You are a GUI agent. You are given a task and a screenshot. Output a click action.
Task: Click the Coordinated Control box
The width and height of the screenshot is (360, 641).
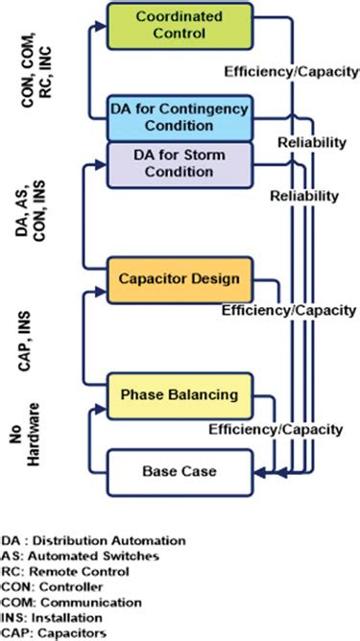pos(180,26)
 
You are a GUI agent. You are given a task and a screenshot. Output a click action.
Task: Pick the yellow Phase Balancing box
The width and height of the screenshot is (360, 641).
pos(180,394)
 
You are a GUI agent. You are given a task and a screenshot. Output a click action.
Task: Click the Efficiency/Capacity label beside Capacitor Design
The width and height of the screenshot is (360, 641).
pos(288,311)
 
